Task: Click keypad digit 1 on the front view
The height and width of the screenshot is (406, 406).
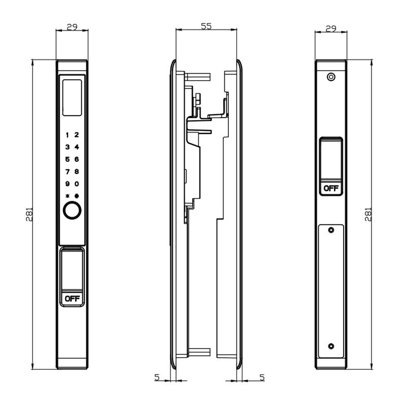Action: coord(67,135)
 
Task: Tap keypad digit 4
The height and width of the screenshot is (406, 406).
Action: coord(77,147)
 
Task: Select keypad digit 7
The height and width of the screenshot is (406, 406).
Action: coord(67,172)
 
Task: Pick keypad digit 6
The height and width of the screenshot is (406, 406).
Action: coord(77,159)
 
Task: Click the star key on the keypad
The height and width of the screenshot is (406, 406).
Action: coord(67,196)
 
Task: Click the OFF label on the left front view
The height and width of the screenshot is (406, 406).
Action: coord(72,298)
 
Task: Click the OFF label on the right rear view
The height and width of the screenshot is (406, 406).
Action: coord(331,188)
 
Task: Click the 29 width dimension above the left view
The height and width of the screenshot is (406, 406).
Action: coord(72,27)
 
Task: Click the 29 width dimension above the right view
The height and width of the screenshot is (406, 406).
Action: coord(331,29)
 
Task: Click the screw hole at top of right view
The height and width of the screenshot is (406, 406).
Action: coord(331,77)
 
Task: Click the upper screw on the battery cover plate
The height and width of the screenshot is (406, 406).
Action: coord(331,230)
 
